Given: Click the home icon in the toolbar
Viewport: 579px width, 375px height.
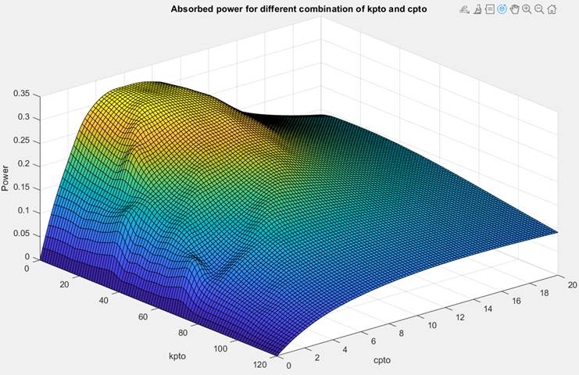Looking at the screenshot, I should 552,9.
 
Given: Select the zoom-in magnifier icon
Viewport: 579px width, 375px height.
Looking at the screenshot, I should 527,9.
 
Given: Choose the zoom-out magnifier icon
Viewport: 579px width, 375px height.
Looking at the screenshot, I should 540,9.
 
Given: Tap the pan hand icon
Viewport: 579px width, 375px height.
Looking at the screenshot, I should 515,9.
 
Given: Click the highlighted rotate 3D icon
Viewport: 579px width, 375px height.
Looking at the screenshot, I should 502,9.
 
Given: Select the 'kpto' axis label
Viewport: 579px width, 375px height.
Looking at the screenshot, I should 179,356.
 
